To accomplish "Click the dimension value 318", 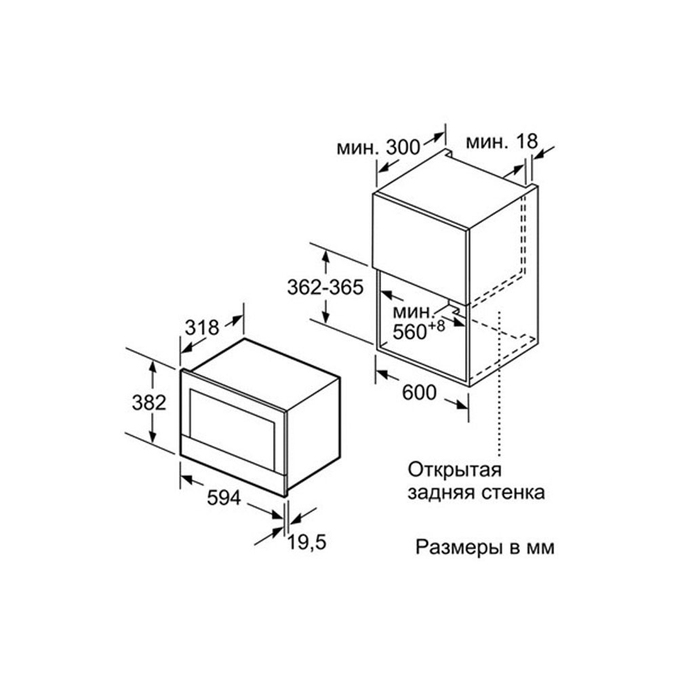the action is coord(202,327).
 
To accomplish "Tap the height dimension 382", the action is coord(149,403).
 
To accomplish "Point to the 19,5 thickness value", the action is coord(307,542).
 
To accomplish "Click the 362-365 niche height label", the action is coord(325,287).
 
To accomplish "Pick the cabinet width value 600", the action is coord(420,393).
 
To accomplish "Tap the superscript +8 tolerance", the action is coord(437,325).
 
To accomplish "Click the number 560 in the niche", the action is coord(410,332).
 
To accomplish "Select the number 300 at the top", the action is coord(403,147).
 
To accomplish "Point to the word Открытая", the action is coord(454,470).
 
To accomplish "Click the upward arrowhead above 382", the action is coord(152,367).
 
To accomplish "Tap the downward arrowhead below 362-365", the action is coord(326,315).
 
